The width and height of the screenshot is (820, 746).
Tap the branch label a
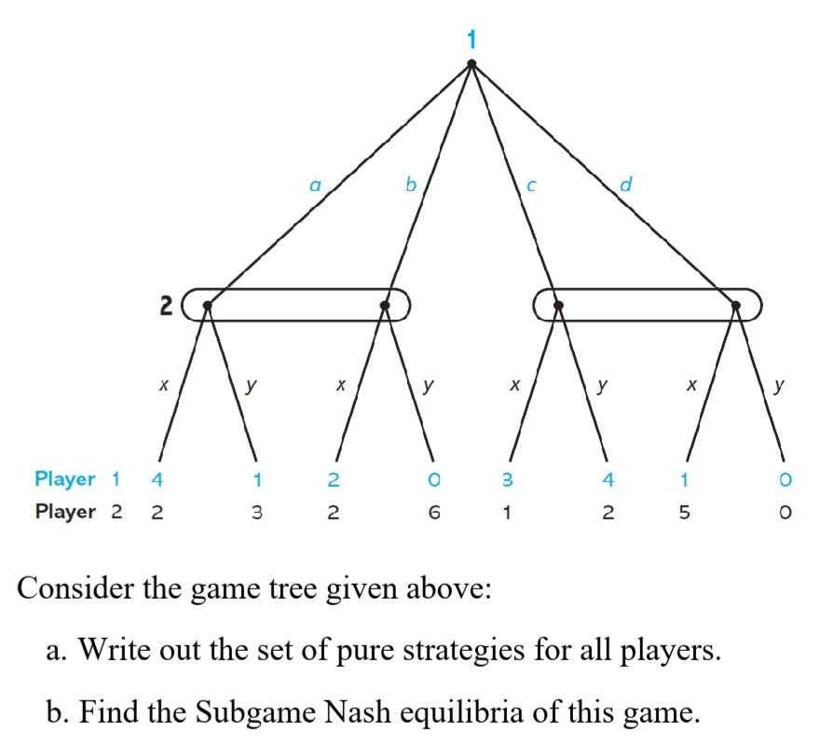pos(316,186)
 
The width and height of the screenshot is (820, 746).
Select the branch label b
pos(410,184)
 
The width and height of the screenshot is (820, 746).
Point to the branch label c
pos(531,186)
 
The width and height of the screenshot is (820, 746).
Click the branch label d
pos(625,184)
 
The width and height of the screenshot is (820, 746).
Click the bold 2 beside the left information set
pos(166,305)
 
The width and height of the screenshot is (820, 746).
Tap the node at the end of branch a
pos(208,305)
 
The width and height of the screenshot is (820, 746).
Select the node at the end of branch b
pos(386,305)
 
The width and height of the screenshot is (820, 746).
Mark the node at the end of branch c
pos(558,305)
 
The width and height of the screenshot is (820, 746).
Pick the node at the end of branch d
pos(735,305)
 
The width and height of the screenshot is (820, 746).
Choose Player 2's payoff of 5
pos(686,512)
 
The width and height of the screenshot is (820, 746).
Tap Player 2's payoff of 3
pos(255,512)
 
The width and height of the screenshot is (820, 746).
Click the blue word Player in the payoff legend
pos(65,479)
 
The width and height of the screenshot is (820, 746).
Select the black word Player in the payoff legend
pos(65,512)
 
